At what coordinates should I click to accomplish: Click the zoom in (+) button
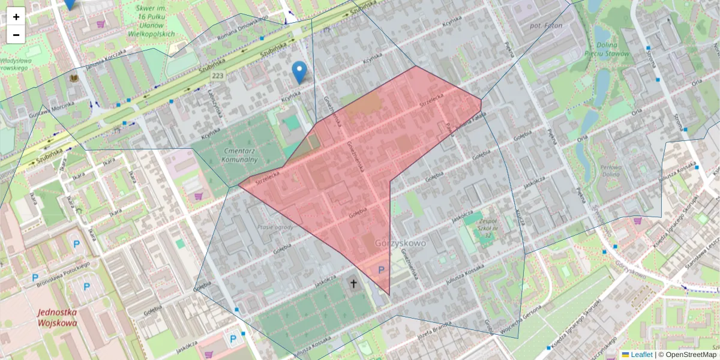tap(16, 17)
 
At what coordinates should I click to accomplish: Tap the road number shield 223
tap(217, 76)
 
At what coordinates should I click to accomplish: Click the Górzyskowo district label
tap(400, 244)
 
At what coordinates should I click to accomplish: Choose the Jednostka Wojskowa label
tap(57, 317)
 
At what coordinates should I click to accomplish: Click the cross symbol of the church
tap(353, 283)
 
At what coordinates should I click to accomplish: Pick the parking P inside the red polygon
tap(381, 271)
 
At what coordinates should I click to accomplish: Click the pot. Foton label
tap(545, 26)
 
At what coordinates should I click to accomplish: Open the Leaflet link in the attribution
tap(641, 355)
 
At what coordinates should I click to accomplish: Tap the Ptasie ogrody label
tap(275, 227)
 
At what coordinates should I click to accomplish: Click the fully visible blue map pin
tap(299, 71)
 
